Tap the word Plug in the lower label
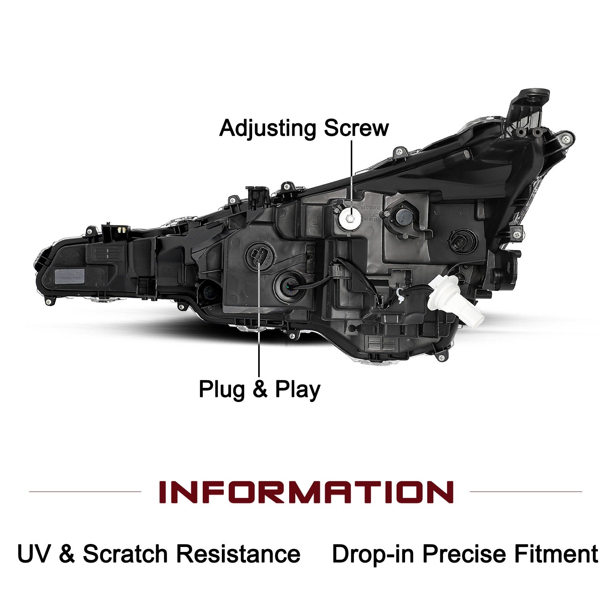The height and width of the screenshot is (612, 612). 222,390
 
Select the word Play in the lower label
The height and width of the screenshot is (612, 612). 298,390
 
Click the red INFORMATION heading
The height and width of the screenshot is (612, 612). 306,492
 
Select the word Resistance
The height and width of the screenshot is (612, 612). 238,554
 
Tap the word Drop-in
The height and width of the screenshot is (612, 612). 373,554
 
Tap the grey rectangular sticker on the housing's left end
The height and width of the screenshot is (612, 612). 70,275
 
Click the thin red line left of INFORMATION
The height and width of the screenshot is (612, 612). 85,492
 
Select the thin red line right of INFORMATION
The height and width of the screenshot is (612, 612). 526,492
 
